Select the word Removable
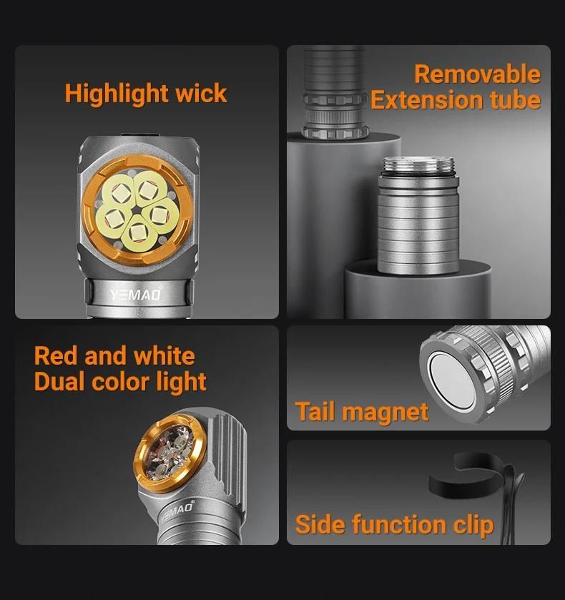[477, 74]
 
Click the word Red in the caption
[56, 356]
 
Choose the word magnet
[385, 413]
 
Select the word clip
[473, 526]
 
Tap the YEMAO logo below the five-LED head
[136, 295]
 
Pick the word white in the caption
[164, 356]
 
